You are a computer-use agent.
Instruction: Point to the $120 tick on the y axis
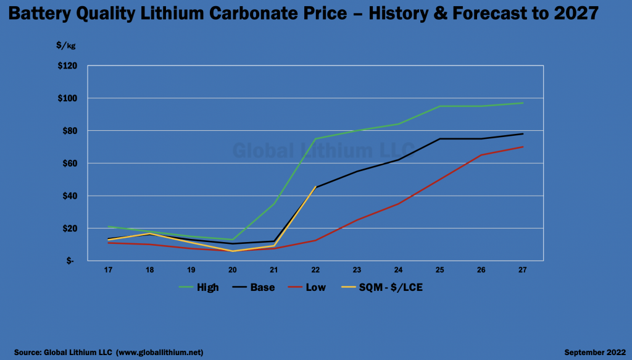pos(65,66)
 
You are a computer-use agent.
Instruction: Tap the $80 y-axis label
pos(67,131)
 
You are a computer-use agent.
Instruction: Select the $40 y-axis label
pos(67,196)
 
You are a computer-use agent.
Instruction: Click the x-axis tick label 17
pos(108,270)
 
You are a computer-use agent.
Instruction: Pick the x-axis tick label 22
pos(315,270)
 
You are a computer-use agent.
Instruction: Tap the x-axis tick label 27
pos(523,270)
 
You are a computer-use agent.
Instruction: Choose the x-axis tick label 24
pos(398,270)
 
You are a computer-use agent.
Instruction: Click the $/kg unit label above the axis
pos(65,46)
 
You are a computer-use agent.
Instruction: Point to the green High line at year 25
pos(440,106)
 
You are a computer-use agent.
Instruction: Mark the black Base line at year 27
pos(523,134)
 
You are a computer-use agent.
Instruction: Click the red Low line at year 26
pos(481,155)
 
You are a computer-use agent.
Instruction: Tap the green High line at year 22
pos(315,139)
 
